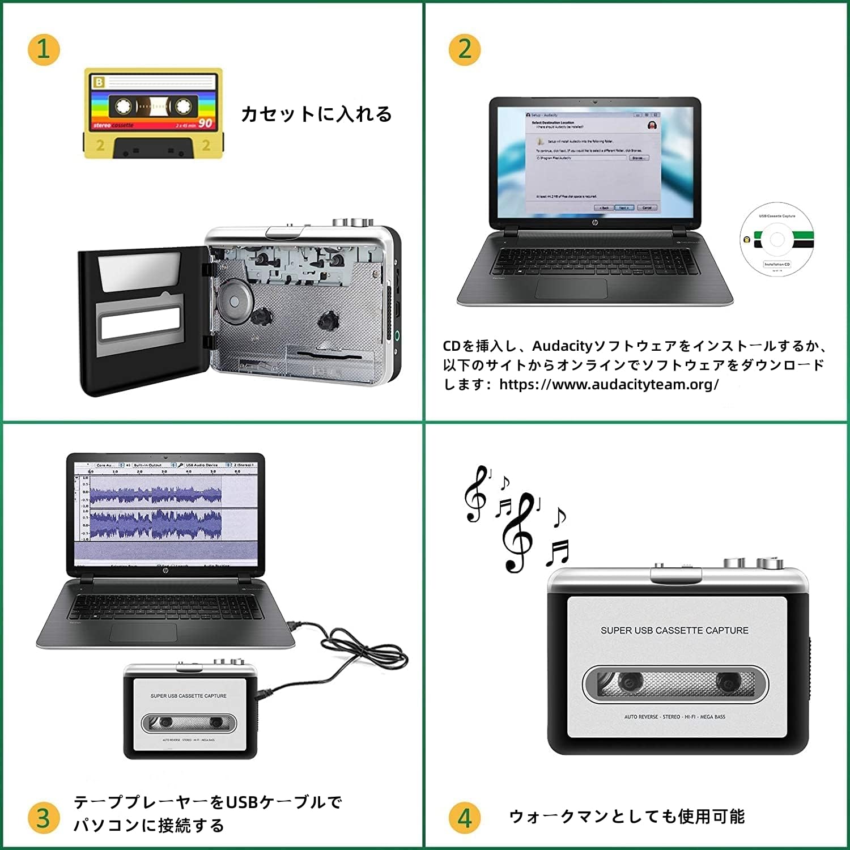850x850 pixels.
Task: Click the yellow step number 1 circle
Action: (44, 49)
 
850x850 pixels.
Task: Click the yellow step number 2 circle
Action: (465, 49)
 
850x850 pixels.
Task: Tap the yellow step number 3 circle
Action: (44, 818)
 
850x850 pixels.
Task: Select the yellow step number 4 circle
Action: (465, 818)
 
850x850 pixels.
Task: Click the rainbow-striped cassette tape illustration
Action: (153, 113)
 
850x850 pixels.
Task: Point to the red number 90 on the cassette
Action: (205, 123)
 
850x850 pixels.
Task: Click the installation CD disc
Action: (777, 239)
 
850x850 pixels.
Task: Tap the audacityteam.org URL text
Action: (609, 384)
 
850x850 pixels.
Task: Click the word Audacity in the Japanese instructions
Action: (562, 346)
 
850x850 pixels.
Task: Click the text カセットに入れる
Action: (316, 114)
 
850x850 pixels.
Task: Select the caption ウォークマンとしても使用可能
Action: (627, 817)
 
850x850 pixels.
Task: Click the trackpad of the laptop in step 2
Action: (571, 288)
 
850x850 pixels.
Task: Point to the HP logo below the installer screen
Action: (594, 223)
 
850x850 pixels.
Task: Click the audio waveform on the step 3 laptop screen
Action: (155, 510)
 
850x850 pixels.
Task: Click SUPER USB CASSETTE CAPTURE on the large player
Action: (674, 630)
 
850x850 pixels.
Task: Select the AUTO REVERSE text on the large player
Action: (641, 717)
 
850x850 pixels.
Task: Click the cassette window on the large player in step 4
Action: (675, 683)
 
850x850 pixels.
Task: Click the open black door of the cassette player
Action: (142, 320)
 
